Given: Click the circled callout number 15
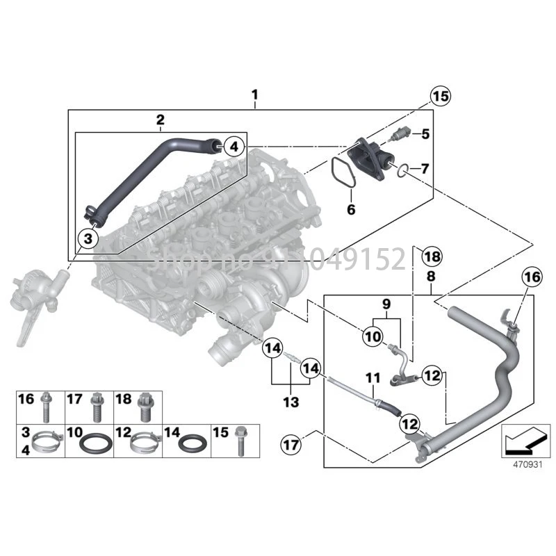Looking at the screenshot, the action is click(x=440, y=97).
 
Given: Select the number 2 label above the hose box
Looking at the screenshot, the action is click(x=160, y=119).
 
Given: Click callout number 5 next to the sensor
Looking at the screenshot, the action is click(x=350, y=208).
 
